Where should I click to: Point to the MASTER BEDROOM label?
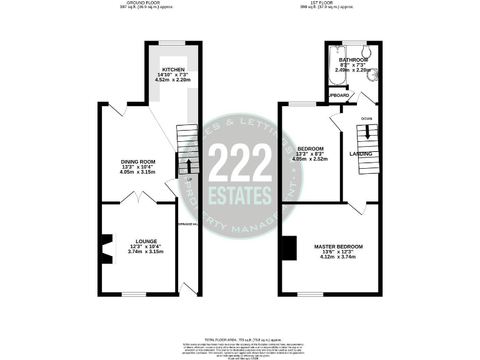click(338, 247)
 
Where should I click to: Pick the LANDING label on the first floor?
click(361, 154)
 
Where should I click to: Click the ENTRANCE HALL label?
click(187, 224)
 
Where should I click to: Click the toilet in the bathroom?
click(367, 51)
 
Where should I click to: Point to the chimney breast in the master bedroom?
click(289, 247)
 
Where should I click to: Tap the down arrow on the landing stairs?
click(367, 131)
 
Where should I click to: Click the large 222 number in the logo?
click(240, 164)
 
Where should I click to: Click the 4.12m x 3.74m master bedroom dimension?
click(338, 257)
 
